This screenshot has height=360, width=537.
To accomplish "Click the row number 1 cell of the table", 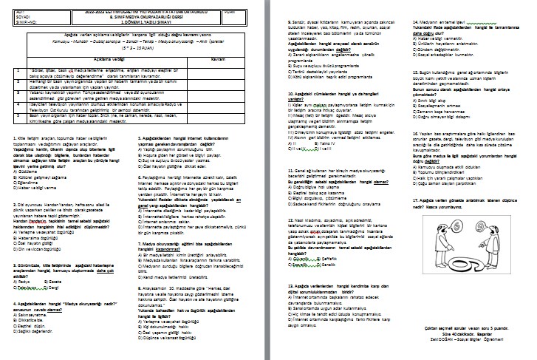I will point(17,71).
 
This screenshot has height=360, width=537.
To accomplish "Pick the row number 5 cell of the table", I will point(17,118).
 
